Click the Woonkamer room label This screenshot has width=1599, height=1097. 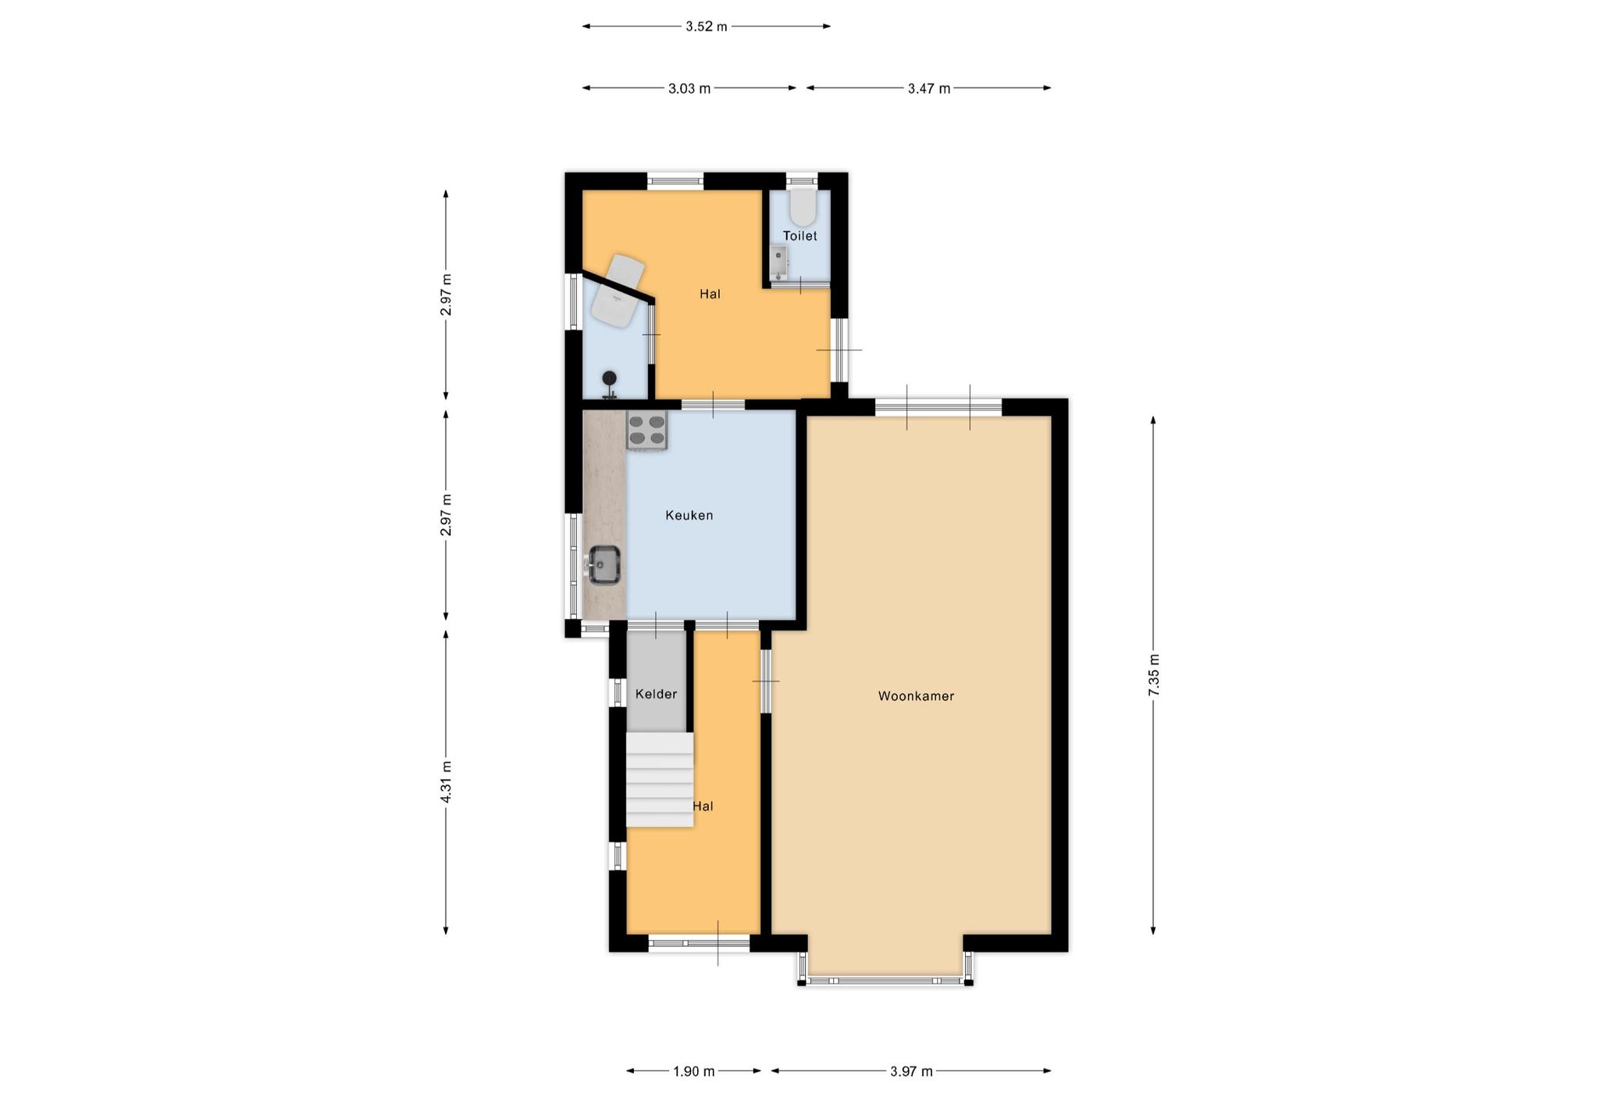[916, 696]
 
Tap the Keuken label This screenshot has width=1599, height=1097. [689, 515]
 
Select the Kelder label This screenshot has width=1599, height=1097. [656, 694]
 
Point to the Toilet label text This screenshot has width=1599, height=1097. [800, 236]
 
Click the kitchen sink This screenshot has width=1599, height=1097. [604, 564]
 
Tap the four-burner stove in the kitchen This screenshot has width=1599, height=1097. [646, 431]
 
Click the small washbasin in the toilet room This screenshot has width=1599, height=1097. [778, 263]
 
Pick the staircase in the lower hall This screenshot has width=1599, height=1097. [660, 779]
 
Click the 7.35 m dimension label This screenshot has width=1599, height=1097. [1154, 675]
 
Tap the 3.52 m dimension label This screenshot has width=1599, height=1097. [707, 27]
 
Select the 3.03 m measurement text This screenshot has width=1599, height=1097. [689, 88]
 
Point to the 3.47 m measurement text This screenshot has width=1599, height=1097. [929, 88]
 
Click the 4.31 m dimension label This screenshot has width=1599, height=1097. [446, 781]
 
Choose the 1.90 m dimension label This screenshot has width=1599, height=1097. [694, 1071]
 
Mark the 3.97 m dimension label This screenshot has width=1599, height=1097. [911, 1071]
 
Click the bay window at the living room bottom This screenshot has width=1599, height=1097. [885, 980]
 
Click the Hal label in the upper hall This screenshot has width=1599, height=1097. [710, 294]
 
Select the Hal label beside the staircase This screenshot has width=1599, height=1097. [703, 806]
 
